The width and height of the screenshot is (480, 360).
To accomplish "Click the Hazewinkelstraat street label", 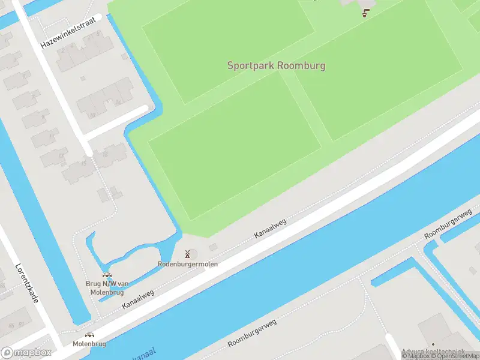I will [68, 32].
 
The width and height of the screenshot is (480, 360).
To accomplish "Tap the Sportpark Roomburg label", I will [276, 65].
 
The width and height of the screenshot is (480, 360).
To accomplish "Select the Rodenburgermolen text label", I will [188, 263].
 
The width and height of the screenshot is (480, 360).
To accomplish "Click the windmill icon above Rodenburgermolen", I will [188, 254].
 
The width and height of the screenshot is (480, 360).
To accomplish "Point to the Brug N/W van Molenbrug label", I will [106, 288].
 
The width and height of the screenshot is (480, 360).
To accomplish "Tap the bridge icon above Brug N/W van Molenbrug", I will [106, 275].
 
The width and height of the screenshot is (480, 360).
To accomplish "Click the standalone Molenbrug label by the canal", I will [89, 344].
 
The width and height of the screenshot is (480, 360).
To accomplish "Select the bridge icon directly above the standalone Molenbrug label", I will [89, 335].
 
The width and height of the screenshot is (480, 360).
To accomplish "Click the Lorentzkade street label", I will [27, 283].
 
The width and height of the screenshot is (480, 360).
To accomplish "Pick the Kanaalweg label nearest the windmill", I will [271, 228].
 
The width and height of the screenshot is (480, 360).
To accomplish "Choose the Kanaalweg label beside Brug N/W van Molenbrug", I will [138, 299].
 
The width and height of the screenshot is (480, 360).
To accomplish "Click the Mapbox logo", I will [26, 353].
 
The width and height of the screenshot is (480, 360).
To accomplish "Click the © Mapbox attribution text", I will [415, 356].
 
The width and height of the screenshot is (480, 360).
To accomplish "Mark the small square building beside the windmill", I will [213, 248].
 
